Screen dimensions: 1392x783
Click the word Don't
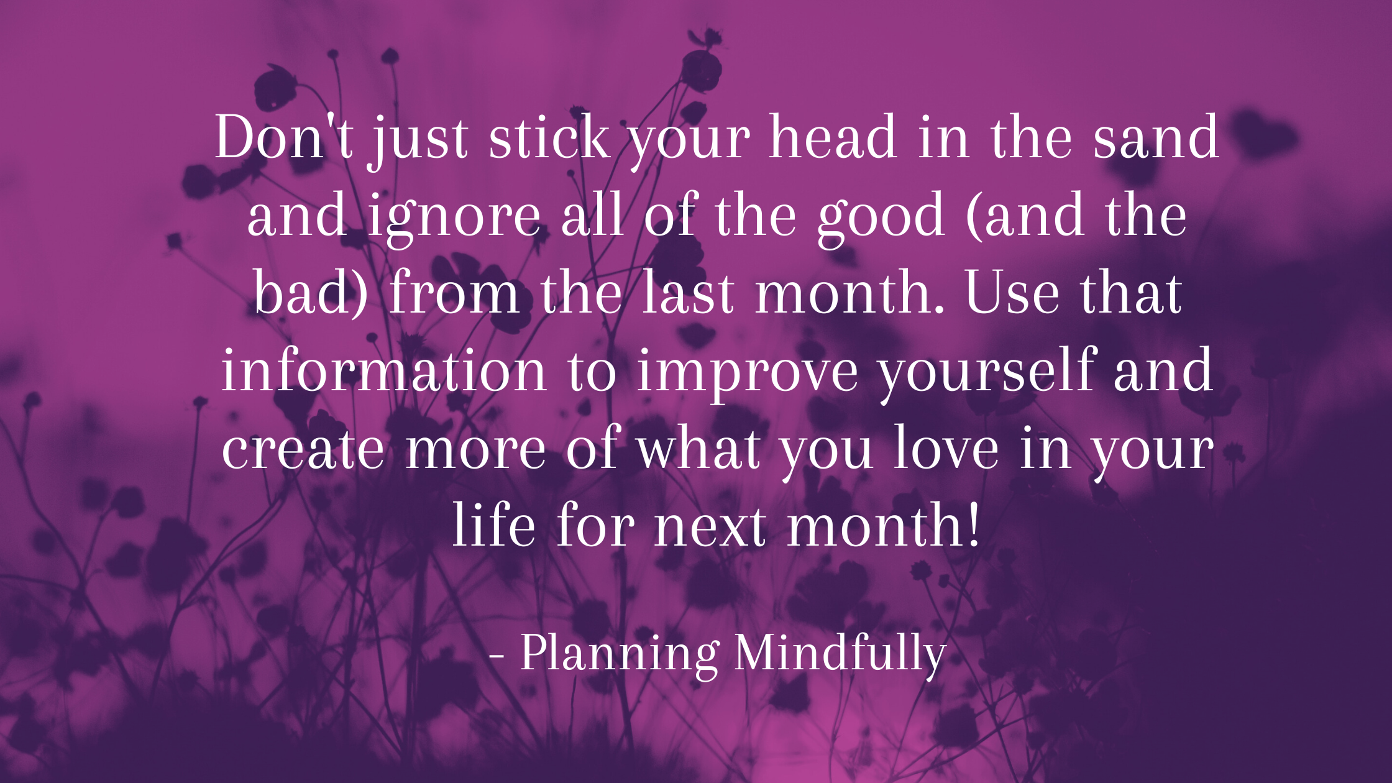(x=285, y=137)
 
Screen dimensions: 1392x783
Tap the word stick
(x=549, y=137)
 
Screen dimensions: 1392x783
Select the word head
(x=833, y=137)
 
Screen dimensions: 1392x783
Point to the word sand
(x=1156, y=137)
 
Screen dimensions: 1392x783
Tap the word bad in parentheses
(x=304, y=292)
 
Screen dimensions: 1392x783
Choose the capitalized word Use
(x=1012, y=292)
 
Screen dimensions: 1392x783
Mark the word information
(x=384, y=369)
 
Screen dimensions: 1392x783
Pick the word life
(x=493, y=524)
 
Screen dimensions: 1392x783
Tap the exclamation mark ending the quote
(x=974, y=524)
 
